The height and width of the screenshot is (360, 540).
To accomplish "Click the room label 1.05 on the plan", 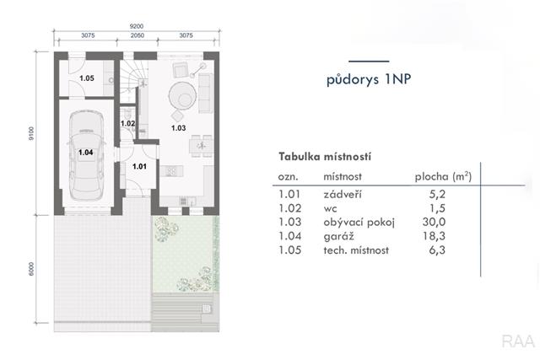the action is (87, 78).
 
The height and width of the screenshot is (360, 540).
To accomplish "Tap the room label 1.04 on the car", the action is (86, 152).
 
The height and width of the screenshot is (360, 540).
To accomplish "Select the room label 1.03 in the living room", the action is (178, 128).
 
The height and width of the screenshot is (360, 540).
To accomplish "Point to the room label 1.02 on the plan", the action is (127, 123).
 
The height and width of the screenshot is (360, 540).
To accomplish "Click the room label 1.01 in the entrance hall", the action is (139, 166).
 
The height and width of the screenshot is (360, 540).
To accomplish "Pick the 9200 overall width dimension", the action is (137, 26).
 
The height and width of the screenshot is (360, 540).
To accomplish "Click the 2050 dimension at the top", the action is (137, 35).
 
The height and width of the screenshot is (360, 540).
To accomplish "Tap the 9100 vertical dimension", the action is (31, 133).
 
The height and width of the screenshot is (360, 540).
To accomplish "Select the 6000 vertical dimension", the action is (31, 269).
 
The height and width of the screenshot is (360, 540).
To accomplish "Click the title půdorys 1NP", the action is (369, 79).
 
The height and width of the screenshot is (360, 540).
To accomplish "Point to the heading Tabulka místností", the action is (325, 157).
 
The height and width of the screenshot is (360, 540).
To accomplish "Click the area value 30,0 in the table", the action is (434, 222).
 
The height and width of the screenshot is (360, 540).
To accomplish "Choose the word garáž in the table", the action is (338, 236).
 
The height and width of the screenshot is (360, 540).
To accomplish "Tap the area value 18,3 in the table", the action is (434, 236).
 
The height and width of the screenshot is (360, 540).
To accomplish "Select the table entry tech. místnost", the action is (356, 250).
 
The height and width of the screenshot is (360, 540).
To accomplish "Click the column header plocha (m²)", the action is (443, 176).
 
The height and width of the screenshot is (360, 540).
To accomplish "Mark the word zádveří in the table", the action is (343, 194).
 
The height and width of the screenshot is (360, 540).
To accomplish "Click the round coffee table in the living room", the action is (182, 95).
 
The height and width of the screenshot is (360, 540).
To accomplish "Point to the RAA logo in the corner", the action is (518, 341).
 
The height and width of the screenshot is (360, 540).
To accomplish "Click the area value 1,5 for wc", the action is (437, 208).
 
